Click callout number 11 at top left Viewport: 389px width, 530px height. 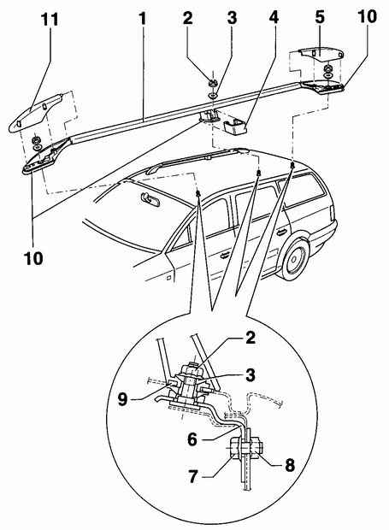click(50, 20)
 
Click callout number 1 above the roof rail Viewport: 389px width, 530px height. click(144, 19)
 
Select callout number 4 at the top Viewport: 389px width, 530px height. click(274, 18)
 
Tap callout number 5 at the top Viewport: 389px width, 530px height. click(320, 18)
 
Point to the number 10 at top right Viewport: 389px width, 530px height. click(367, 16)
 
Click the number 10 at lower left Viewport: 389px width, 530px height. click(33, 258)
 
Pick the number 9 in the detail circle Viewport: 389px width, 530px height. click(122, 399)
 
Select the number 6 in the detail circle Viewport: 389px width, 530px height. click(192, 439)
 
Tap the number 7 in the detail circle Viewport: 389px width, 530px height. click(193, 476)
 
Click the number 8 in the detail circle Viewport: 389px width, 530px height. click(290, 465)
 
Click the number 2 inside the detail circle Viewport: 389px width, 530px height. click(250, 338)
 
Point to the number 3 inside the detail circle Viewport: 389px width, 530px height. click(250, 375)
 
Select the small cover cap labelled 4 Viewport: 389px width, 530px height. click(235, 127)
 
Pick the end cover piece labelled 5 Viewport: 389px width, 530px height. click(321, 54)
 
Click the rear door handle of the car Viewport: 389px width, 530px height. click(280, 232)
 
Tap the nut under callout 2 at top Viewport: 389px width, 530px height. click(213, 82)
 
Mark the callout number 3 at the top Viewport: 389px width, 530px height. click(232, 18)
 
